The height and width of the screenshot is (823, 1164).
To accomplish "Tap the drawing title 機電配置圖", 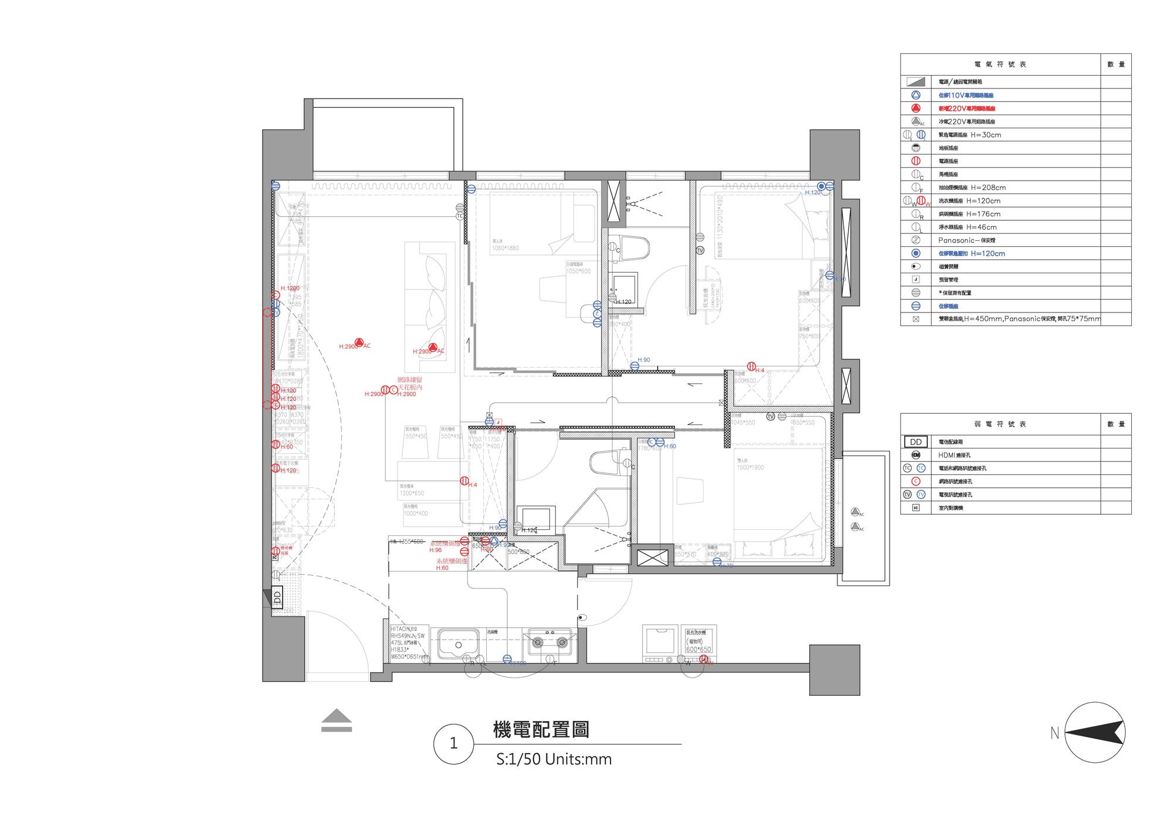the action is [x=541, y=730].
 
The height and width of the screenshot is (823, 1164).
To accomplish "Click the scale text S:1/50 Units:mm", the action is [x=554, y=759].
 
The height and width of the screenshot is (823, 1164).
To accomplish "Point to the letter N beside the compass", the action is [x=1054, y=733].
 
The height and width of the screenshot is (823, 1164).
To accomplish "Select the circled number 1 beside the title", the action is [x=453, y=744].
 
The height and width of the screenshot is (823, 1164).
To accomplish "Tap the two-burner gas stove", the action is [x=550, y=642].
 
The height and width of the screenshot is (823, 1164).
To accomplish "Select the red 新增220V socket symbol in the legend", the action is [x=916, y=108].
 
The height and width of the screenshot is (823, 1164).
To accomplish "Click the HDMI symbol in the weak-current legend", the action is [x=916, y=455].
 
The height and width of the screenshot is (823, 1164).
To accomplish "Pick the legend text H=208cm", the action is [x=988, y=188].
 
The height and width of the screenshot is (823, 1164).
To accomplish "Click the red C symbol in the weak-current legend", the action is [x=916, y=481].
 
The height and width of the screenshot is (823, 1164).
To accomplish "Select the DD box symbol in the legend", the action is [x=916, y=442].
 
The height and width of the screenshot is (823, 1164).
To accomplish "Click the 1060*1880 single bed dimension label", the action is [x=505, y=248].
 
